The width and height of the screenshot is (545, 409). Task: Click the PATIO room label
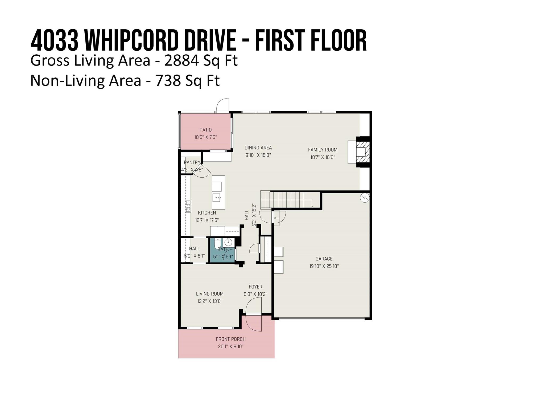click(x=205, y=130)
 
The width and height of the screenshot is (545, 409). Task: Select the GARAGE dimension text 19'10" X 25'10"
click(x=324, y=266)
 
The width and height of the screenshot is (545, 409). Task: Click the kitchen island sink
click(x=216, y=198)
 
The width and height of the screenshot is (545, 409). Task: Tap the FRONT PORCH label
click(x=230, y=339)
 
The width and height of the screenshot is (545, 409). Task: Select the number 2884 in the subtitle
click(x=182, y=61)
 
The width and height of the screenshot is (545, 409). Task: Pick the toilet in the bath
click(x=217, y=243)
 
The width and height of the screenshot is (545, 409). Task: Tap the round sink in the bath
click(x=228, y=242)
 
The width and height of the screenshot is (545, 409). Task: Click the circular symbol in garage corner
click(x=365, y=198)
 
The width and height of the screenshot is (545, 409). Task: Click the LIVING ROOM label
click(x=210, y=294)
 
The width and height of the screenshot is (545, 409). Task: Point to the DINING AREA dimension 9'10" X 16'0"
click(x=258, y=155)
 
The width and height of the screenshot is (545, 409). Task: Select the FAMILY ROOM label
click(x=323, y=150)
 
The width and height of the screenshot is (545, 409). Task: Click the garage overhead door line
click(x=322, y=318)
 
